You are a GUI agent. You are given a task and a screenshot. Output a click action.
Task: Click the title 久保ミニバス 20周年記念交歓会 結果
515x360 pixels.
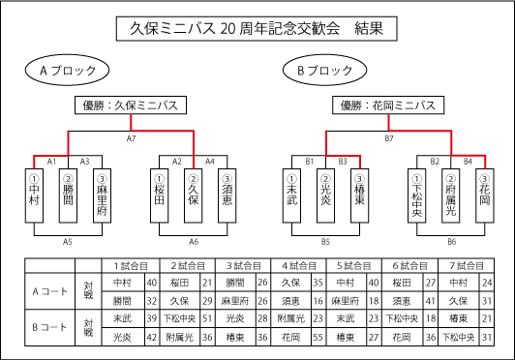tap(256, 29)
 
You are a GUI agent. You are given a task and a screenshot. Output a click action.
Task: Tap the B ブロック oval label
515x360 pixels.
tap(327, 72)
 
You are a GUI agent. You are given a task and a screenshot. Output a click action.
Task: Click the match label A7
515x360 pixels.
tap(132, 139)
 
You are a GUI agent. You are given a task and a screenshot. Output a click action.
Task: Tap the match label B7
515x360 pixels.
tap(389, 139)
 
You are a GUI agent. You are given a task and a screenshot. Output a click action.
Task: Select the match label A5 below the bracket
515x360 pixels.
tap(68, 241)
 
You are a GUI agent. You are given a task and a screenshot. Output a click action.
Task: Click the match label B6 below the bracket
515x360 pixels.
tap(452, 241)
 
